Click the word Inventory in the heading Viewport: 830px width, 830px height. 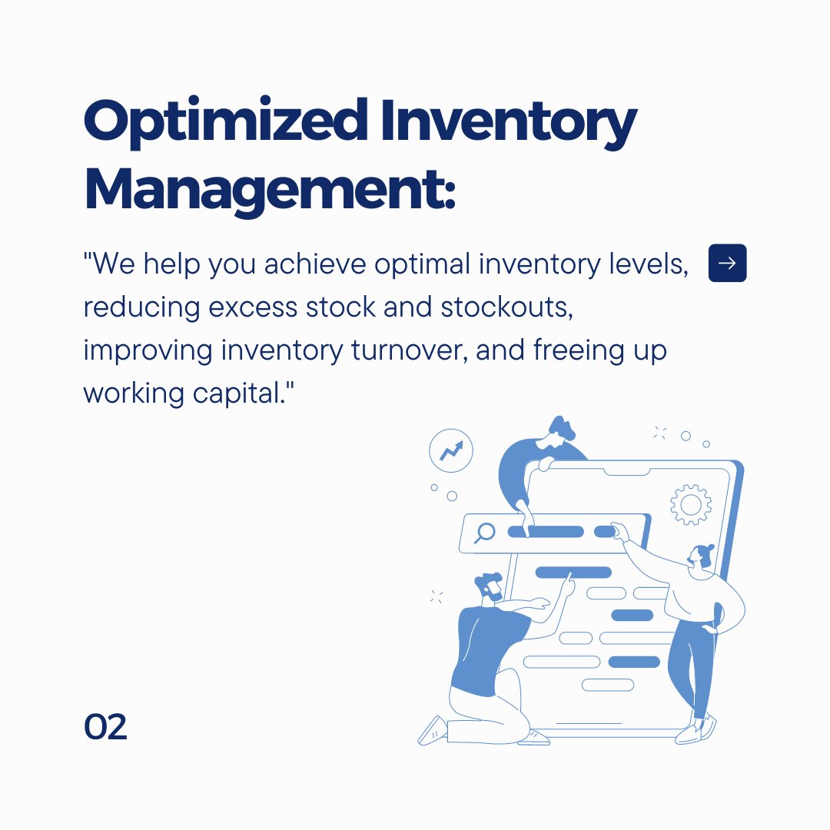pyautogui.click(x=511, y=123)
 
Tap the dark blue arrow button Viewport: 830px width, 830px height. pyautogui.click(x=727, y=264)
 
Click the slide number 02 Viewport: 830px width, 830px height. pyautogui.click(x=105, y=728)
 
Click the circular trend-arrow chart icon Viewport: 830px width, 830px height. pyautogui.click(x=451, y=450)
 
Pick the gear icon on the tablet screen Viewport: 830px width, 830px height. pyautogui.click(x=690, y=504)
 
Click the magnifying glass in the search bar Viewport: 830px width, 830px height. pyautogui.click(x=485, y=532)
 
